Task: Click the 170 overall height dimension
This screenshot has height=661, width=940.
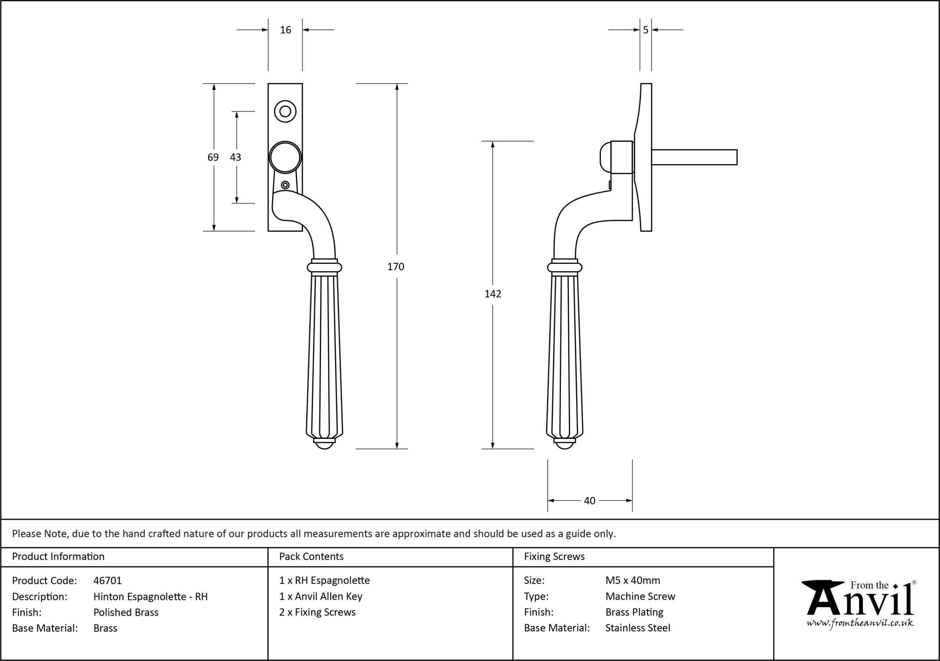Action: (x=395, y=267)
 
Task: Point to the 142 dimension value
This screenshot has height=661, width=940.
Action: (x=492, y=294)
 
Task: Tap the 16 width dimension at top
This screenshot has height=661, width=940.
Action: (x=285, y=30)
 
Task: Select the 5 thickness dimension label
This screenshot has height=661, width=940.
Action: (x=646, y=30)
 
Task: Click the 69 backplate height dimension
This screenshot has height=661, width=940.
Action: (x=213, y=157)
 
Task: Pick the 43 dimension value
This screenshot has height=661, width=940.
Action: (x=235, y=157)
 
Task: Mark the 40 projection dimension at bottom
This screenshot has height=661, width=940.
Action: (x=590, y=501)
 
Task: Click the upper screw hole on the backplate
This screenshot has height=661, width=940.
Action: (x=285, y=111)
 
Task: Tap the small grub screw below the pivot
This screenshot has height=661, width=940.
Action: (x=285, y=185)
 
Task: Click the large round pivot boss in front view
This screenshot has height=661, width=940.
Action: (x=285, y=157)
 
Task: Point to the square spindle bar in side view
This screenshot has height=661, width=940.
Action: (x=694, y=157)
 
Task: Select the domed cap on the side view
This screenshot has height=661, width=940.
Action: (x=605, y=157)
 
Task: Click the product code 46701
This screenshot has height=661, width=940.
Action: (x=108, y=581)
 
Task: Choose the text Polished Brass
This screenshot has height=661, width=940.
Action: (x=126, y=612)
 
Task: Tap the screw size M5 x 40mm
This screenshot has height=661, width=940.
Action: (x=633, y=580)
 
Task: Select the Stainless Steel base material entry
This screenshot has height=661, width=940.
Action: (x=638, y=628)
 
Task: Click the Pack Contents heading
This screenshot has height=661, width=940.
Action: (x=311, y=557)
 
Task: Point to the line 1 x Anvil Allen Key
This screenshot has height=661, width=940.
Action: (x=321, y=597)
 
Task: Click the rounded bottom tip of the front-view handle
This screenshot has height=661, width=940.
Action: (x=325, y=445)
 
